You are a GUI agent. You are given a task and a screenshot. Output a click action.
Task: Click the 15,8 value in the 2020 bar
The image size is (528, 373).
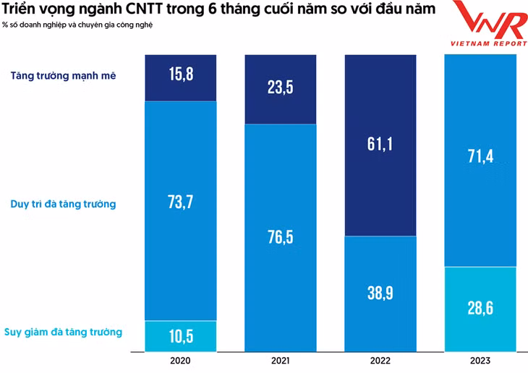point(181,74)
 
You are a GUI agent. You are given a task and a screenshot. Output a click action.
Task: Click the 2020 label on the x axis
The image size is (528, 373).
point(181,360)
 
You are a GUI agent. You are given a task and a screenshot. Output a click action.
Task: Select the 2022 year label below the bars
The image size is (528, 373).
point(380,360)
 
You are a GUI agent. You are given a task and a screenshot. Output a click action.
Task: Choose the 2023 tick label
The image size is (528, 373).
point(480,360)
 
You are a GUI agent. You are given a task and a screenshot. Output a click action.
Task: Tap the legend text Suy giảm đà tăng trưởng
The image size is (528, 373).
point(63,332)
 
